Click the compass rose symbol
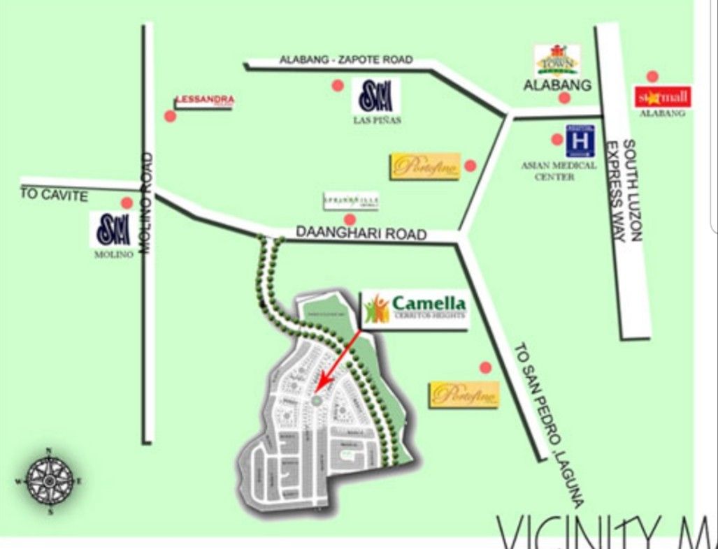coord(50,481)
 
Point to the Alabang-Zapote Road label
coord(346,60)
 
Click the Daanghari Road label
coord(361,233)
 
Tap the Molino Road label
coord(148,203)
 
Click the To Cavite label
coord(54,195)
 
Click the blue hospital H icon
coord(580,140)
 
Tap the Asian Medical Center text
coord(559,170)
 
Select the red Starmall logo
coord(662,97)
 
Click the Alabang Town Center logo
coord(557,60)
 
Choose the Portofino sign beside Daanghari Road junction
coord(425,166)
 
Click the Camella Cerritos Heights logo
coord(415,309)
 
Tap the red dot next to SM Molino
coord(127,203)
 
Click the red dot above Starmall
coord(652,76)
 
